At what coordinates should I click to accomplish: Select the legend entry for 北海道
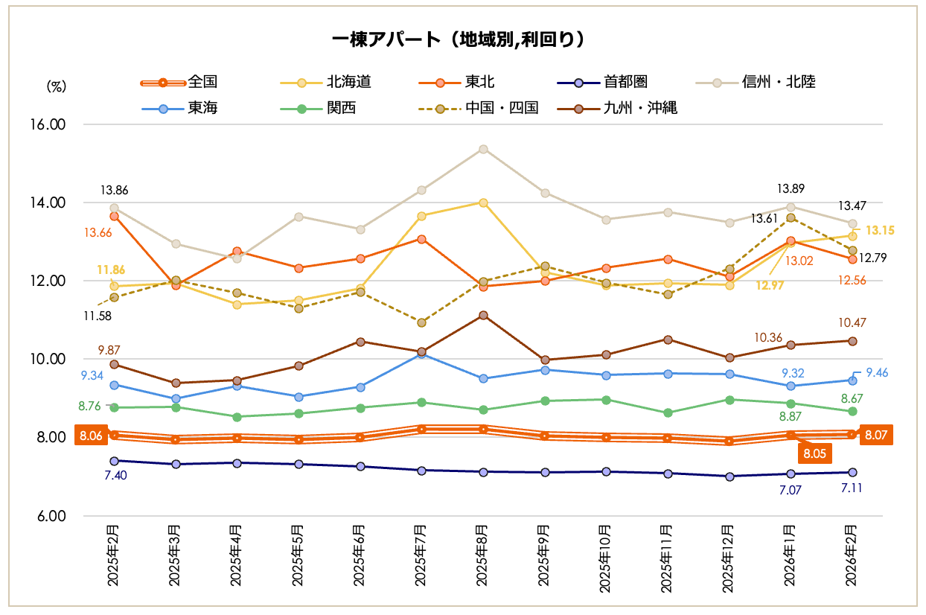348,82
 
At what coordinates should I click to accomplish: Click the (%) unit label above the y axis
57,86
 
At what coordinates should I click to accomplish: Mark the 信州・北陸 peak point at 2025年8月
483,149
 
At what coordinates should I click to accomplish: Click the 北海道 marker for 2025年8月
483,203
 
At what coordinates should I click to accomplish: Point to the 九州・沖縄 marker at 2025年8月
483,316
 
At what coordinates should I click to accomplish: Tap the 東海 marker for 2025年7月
421,354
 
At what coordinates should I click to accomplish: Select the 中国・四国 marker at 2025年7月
421,323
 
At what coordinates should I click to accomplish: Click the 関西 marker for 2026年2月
852,412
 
